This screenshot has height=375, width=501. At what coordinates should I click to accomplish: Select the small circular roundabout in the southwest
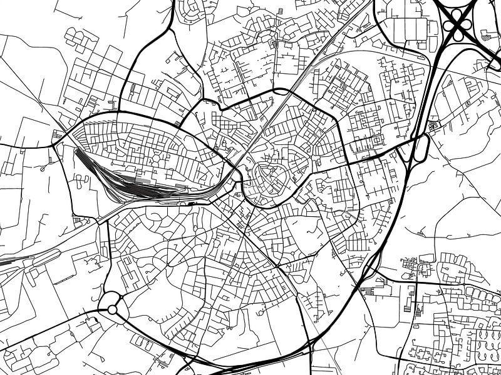point(112,309)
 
